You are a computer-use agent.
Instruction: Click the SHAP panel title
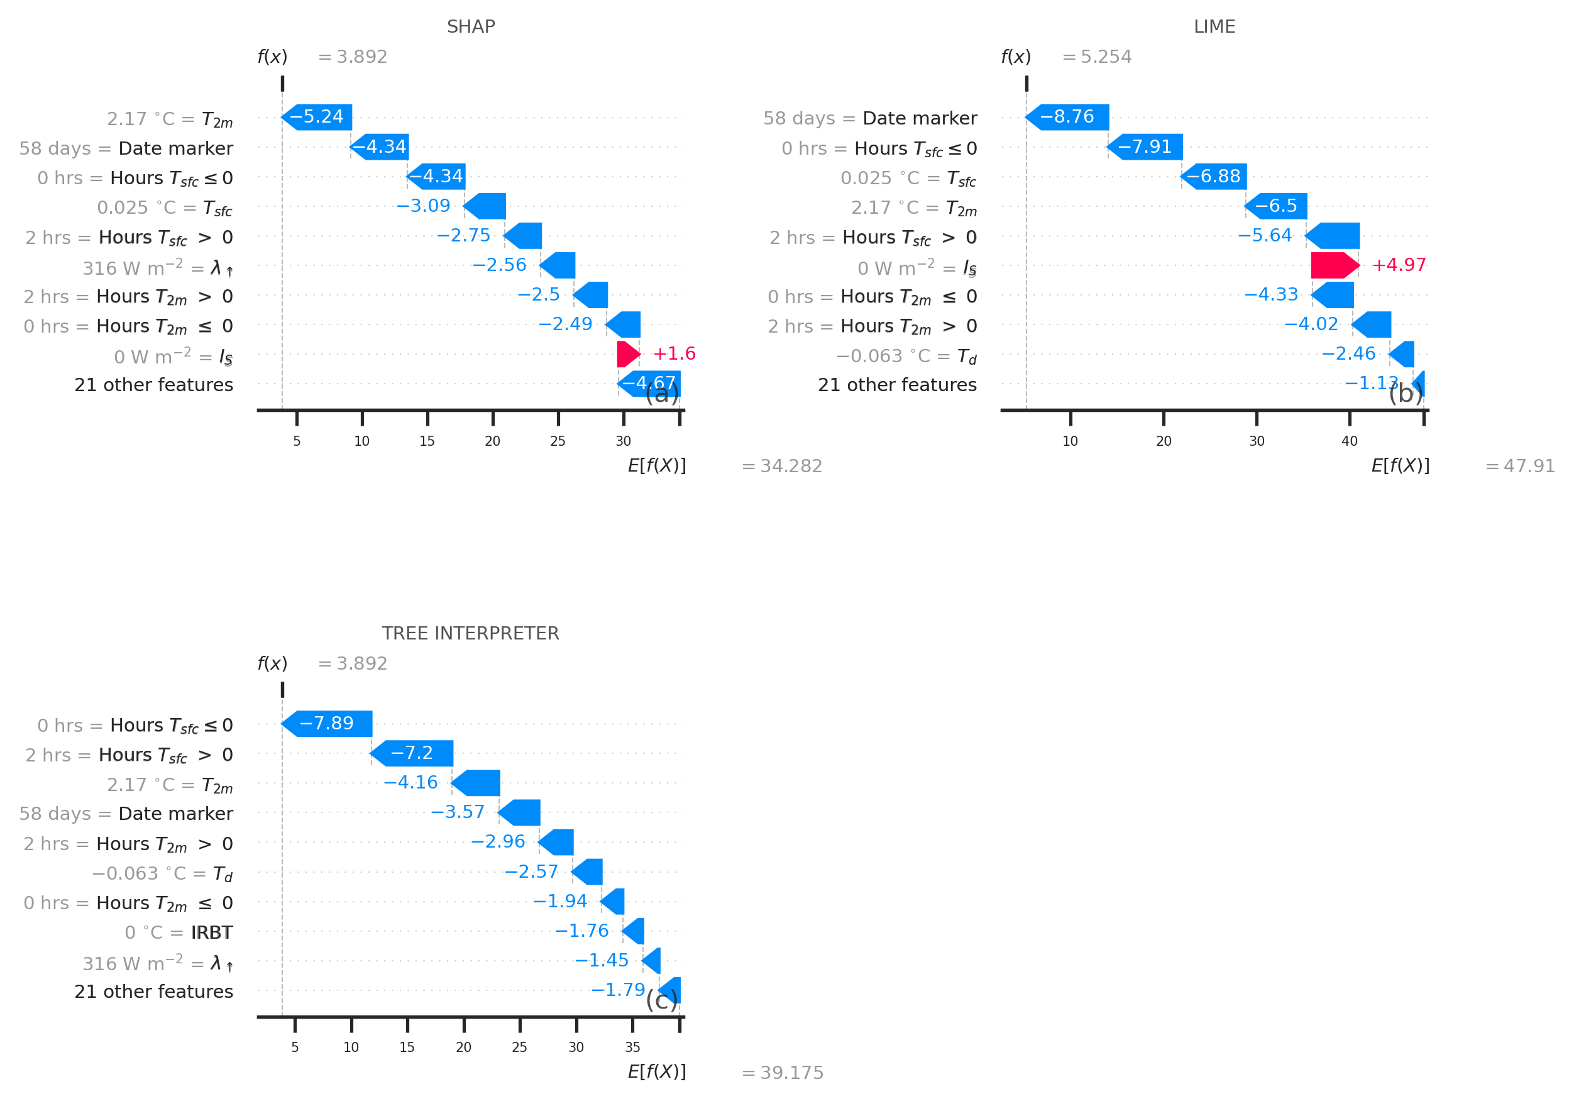(x=470, y=27)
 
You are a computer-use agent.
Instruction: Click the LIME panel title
(x=1214, y=27)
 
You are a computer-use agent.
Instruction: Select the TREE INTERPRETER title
(x=470, y=633)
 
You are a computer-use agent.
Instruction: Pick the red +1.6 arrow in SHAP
(x=627, y=354)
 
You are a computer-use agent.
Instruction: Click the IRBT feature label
(x=212, y=932)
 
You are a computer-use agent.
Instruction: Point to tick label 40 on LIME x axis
(x=1349, y=441)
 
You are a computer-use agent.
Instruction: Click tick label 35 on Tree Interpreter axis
(x=632, y=1048)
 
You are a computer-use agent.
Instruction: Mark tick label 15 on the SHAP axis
(x=427, y=441)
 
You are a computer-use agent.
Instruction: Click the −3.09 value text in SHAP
(x=424, y=206)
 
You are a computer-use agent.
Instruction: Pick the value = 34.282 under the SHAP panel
(x=782, y=466)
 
